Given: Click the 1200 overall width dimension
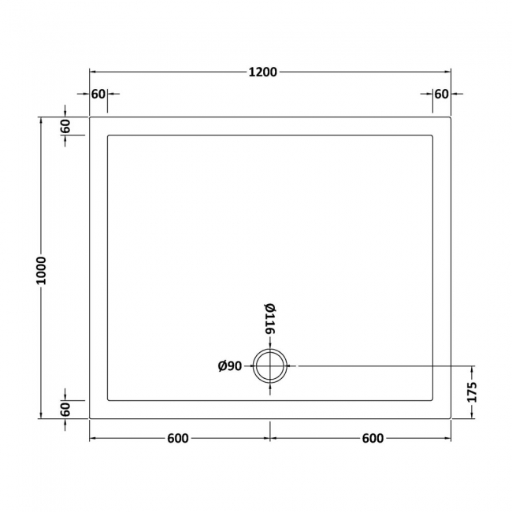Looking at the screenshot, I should pos(263,72).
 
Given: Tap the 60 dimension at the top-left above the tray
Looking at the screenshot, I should pos(98,94).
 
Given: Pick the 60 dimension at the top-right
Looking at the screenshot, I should pos(441,94).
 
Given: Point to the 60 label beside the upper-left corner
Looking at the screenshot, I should pos(65,126).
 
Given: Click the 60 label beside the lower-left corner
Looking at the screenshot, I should pos(65,410).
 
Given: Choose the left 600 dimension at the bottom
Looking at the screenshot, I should pos(178,439).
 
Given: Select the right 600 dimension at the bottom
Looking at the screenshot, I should pos(373,439).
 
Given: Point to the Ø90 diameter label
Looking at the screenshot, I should pos(229,365).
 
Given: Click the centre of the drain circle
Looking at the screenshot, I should pos(270,365).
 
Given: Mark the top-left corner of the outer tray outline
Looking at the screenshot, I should pos(90,118).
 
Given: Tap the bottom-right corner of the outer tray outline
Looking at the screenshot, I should pos(450,417).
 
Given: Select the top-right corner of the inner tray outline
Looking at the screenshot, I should pos(432,136).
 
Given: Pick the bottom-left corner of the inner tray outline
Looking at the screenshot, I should pos(107,399).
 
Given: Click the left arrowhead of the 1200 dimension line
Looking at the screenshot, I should pos(92,72).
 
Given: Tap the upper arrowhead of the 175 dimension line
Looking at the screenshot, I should pos(473,369).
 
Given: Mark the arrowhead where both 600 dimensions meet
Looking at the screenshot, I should pos(270,439).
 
